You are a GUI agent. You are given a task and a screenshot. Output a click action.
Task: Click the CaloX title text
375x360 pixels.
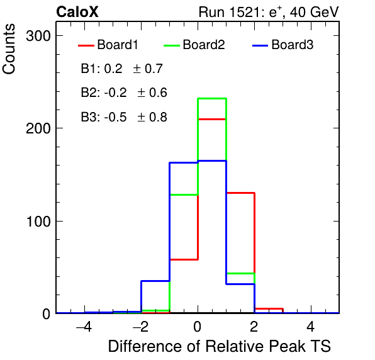click(77, 12)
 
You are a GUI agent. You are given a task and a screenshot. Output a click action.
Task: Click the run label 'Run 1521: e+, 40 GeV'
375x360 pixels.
click(269, 12)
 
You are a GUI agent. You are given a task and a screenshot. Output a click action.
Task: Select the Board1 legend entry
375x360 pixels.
click(108, 45)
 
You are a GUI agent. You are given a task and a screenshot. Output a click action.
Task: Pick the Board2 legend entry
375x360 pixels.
click(194, 45)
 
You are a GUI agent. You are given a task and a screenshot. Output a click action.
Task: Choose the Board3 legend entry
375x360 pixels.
click(283, 45)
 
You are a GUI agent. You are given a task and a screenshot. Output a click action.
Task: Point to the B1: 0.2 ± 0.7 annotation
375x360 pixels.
click(122, 69)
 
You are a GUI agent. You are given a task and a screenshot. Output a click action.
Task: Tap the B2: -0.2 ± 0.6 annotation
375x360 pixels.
click(124, 93)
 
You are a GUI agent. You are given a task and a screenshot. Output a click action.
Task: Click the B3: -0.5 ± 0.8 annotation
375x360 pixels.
click(124, 117)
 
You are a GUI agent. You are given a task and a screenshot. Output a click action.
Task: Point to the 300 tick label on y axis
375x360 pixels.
click(38, 37)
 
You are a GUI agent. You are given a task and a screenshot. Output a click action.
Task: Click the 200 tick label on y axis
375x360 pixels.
click(38, 128)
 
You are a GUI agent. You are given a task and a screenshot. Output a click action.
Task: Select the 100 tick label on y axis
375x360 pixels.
click(38, 222)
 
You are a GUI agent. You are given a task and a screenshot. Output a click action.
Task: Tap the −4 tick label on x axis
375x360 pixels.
click(84, 327)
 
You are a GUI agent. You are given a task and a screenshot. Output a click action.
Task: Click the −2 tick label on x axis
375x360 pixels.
click(141, 327)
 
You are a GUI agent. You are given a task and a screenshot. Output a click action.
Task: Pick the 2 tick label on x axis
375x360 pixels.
click(254, 327)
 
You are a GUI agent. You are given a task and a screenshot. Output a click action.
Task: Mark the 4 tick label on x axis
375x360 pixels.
click(311, 327)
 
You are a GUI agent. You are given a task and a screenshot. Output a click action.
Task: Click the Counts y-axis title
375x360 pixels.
click(9, 49)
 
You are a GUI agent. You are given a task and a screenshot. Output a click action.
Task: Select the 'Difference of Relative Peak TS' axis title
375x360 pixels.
click(220, 346)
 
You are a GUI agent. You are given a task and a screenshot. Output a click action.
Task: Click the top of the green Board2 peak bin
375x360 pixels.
click(212, 99)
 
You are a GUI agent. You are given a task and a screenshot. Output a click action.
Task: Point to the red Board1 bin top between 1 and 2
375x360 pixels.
click(240, 193)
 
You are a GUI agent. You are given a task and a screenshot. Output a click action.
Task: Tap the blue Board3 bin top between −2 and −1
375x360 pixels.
click(155, 281)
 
